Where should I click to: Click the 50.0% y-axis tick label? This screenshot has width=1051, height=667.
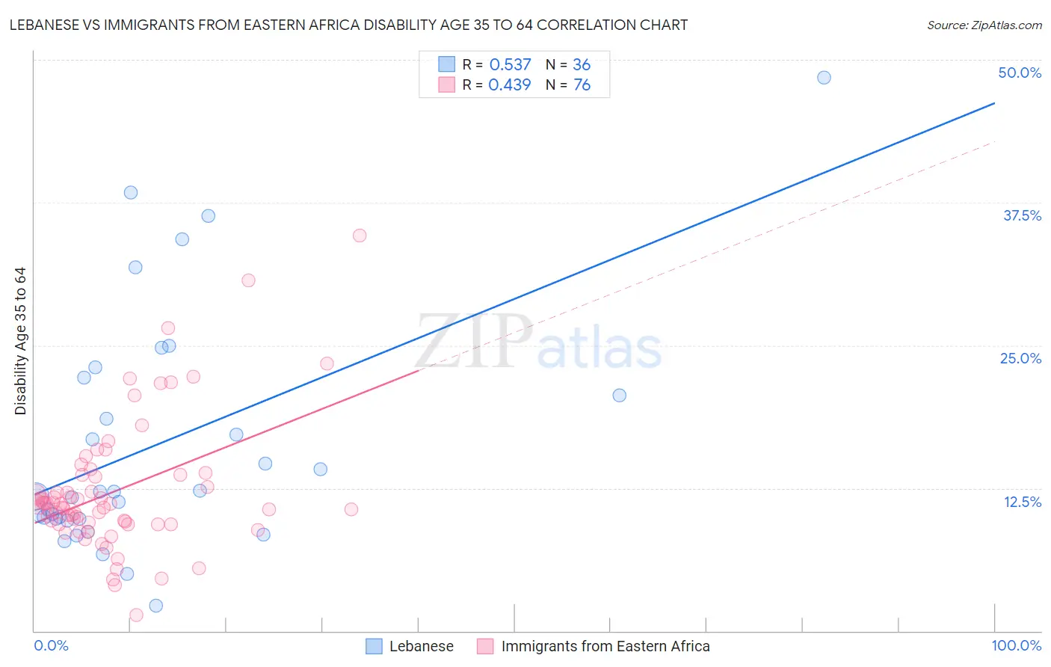click(x=1020, y=73)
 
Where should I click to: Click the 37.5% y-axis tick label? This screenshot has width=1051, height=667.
click(x=1022, y=215)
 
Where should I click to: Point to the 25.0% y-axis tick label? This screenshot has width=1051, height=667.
click(x=1020, y=358)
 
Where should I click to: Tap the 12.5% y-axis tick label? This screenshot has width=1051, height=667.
click(x=1022, y=502)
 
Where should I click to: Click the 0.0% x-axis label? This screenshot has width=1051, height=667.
click(x=51, y=645)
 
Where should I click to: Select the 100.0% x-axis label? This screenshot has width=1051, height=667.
click(x=1016, y=645)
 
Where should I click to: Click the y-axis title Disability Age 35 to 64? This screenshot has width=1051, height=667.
click(x=20, y=341)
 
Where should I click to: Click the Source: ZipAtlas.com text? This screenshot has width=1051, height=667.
click(x=984, y=25)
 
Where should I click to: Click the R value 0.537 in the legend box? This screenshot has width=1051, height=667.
click(x=510, y=65)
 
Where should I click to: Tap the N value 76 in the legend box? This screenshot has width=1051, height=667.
click(x=582, y=85)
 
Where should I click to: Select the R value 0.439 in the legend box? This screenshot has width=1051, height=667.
click(x=510, y=85)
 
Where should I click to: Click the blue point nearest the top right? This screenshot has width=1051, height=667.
click(x=824, y=78)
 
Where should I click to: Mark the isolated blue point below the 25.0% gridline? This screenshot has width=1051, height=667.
click(x=619, y=396)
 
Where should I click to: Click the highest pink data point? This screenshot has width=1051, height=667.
click(x=360, y=236)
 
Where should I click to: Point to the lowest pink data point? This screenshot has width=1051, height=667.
click(x=136, y=615)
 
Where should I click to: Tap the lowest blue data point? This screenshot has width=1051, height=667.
click(x=155, y=606)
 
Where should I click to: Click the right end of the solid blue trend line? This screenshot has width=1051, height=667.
click(x=994, y=103)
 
